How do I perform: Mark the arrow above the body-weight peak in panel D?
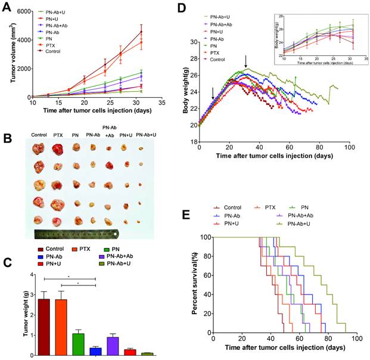(245, 61)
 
